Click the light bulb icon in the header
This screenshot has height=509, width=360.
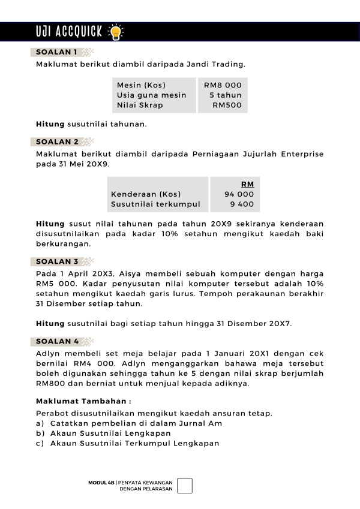coord(113,32)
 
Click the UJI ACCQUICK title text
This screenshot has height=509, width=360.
coord(70,32)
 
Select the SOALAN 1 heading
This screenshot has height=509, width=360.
coord(56,52)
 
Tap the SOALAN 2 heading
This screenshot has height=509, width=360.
coord(57,142)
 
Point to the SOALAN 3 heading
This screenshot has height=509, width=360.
coord(57,261)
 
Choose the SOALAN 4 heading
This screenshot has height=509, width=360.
coord(57,341)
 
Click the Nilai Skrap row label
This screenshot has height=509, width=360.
coord(140,106)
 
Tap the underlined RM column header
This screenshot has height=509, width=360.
coord(247,184)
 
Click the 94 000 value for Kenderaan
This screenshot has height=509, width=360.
coord(239,194)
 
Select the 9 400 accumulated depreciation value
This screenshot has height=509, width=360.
coord(242,204)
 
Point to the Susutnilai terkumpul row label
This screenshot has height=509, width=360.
coord(155,204)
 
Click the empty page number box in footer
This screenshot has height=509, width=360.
coord(185,486)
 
